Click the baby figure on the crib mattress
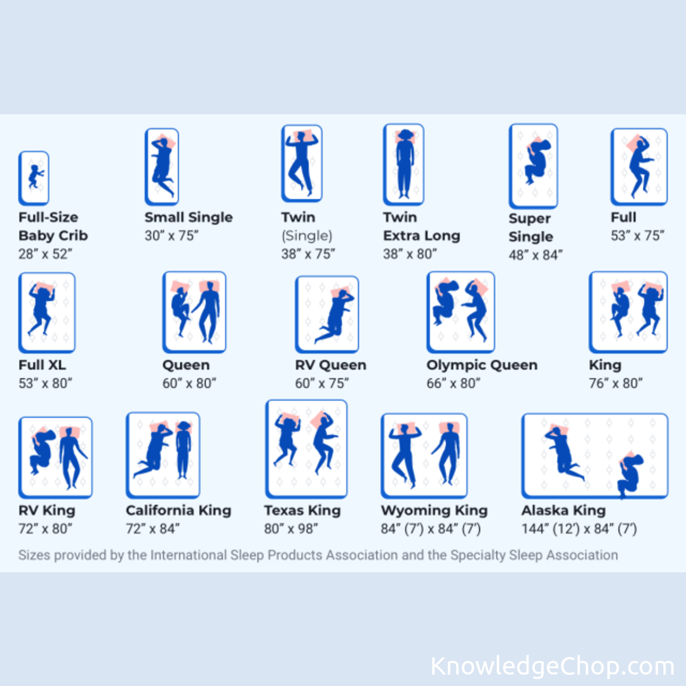pos(35,177)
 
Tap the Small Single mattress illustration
pos(162,166)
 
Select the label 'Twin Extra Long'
pos(421,226)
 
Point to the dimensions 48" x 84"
pos(535,255)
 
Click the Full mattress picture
pos(639,166)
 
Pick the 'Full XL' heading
pos(42,365)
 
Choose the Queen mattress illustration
pos(194,312)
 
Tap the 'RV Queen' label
pos(330,365)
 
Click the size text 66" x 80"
pos(454,383)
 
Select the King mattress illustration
pos(628,312)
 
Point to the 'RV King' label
pos(47,510)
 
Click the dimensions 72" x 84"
pos(152,528)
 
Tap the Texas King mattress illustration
pos(306,449)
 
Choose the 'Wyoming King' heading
pos(434,510)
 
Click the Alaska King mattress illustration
pos(595,456)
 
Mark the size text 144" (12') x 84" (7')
pos(579,528)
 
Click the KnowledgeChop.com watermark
pos(552,666)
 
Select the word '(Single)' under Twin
pos(307,236)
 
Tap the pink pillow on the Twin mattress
pos(305,135)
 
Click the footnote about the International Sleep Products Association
pos(318,555)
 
